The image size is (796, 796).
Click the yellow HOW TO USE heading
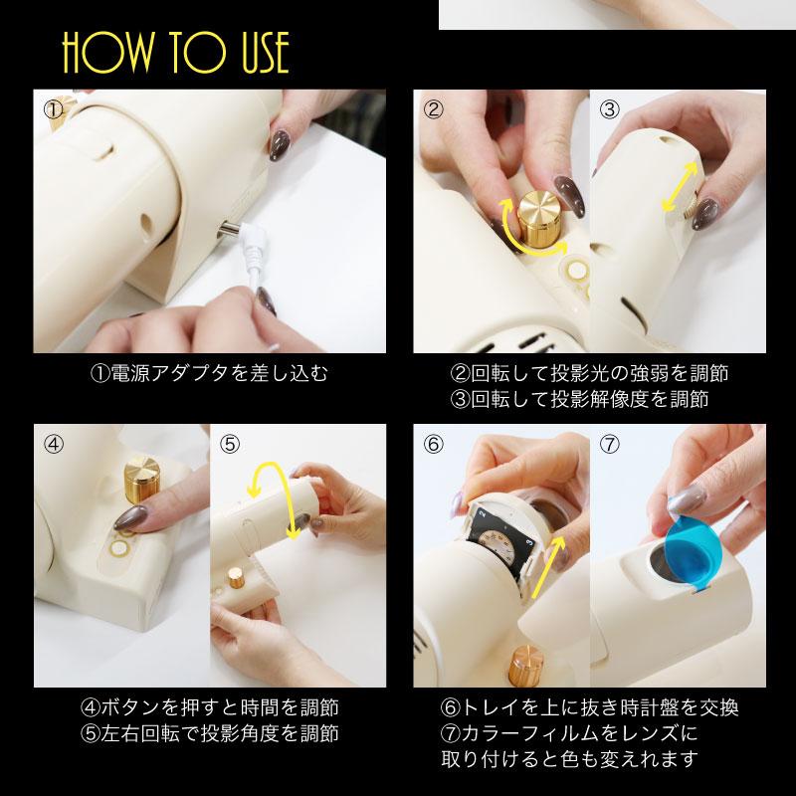176,53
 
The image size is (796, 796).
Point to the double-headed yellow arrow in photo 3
681,187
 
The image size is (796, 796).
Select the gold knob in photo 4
142,481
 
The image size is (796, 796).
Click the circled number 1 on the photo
53,109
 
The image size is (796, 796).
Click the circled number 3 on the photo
609,109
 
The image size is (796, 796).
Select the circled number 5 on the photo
230,444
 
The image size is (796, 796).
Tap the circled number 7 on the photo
609,444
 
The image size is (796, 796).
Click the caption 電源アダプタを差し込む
219,373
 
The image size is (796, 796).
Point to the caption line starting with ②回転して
589,373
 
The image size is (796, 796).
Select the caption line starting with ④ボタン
210,707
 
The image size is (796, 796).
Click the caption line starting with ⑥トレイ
589,707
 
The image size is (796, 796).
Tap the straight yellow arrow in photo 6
547,567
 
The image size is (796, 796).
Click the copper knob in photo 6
526,666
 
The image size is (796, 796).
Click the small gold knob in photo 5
235,577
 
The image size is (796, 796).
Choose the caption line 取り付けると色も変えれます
569,759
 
